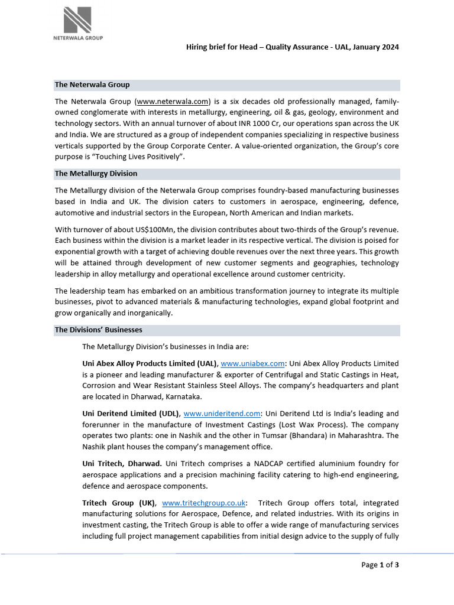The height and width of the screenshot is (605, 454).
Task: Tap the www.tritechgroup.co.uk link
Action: coord(205,503)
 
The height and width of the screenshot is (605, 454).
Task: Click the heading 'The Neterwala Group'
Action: coord(92,85)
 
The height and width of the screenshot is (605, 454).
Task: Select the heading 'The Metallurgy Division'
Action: coord(96,174)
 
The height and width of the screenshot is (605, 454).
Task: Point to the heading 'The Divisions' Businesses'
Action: coord(98,330)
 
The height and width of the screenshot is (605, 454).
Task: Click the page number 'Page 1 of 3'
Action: coord(380,565)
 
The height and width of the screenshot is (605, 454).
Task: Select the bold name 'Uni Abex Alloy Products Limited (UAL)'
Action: coord(150,363)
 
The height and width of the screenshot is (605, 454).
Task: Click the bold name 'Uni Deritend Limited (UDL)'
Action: coord(131,413)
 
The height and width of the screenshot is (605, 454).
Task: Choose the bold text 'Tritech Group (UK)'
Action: coord(118,503)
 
